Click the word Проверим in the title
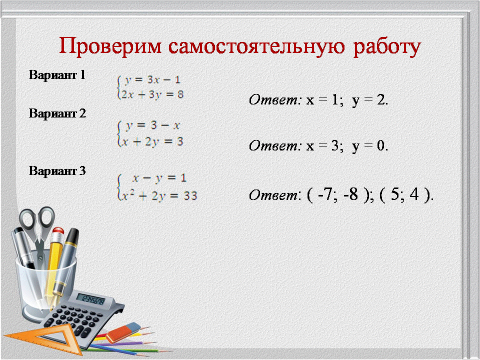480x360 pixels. click(x=110, y=47)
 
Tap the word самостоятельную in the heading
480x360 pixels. click(x=256, y=46)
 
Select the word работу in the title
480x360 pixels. click(x=387, y=48)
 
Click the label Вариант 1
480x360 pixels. click(x=57, y=75)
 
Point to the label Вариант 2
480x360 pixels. click(x=57, y=113)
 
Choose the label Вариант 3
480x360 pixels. click(x=57, y=171)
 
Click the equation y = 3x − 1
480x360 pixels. click(x=152, y=80)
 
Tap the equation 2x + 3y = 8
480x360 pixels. click(x=152, y=94)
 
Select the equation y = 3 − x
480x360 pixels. click(x=152, y=126)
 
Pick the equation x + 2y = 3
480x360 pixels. click(x=152, y=141)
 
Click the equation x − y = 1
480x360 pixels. click(x=159, y=178)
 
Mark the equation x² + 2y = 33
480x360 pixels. click(x=159, y=195)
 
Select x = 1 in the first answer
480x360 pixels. click(x=322, y=100)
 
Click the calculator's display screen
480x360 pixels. click(x=90, y=299)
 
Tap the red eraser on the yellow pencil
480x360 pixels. click(x=58, y=230)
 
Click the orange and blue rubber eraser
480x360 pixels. click(x=123, y=332)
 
